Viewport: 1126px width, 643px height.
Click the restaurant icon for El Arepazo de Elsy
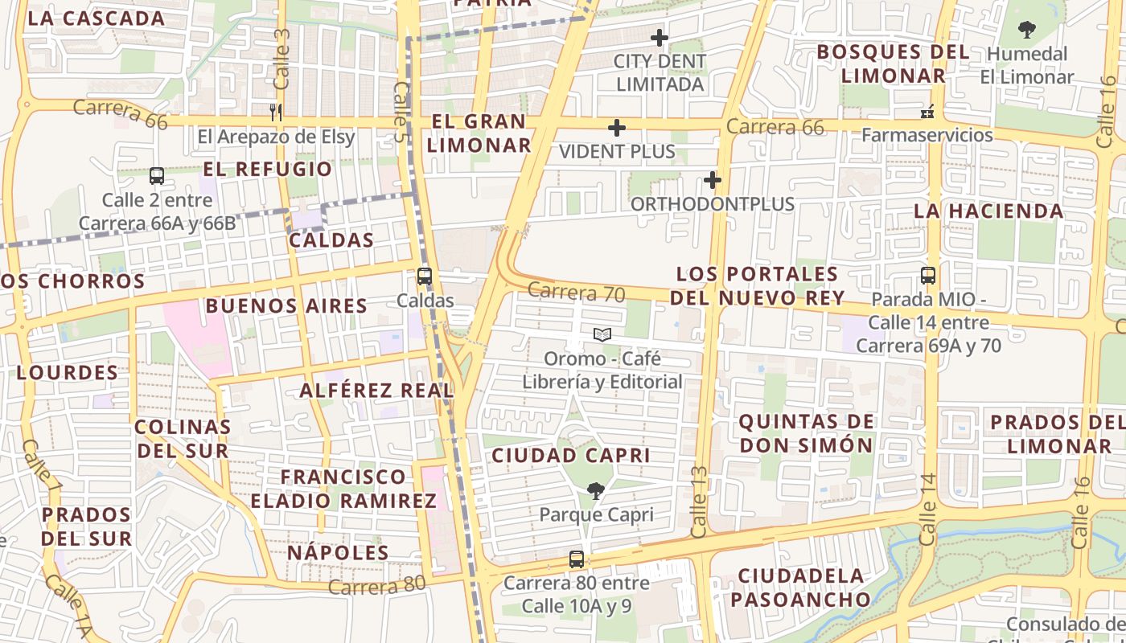pyautogui.click(x=276, y=113)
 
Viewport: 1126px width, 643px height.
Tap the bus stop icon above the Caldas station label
pyautogui.click(x=425, y=276)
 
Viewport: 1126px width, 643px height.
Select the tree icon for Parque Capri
pyautogui.click(x=596, y=490)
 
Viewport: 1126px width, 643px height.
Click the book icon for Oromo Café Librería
pyautogui.click(x=602, y=334)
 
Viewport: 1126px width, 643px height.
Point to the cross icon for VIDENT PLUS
pyautogui.click(x=617, y=128)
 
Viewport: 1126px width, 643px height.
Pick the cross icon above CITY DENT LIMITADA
pyautogui.click(x=660, y=38)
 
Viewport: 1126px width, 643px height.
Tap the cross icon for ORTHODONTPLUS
pyautogui.click(x=713, y=180)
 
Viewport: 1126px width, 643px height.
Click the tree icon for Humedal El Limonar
pyautogui.click(x=1026, y=31)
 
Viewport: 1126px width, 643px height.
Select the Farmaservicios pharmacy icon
pyautogui.click(x=927, y=111)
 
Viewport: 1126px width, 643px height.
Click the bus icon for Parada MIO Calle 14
pyautogui.click(x=928, y=276)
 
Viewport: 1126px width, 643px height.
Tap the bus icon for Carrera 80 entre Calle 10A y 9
pyautogui.click(x=577, y=559)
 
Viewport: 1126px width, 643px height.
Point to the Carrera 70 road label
pyautogui.click(x=577, y=293)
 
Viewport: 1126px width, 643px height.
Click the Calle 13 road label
pyautogui.click(x=699, y=502)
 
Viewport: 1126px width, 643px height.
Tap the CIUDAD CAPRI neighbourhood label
pyautogui.click(x=570, y=456)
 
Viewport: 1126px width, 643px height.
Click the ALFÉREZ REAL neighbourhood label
pyautogui.click(x=376, y=391)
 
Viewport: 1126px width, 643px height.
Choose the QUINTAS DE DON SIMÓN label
pyautogui.click(x=806, y=433)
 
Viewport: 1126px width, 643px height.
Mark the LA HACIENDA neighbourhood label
pyautogui.click(x=988, y=211)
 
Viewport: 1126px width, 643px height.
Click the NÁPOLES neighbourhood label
pyautogui.click(x=338, y=553)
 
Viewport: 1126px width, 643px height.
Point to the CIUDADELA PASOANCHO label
pyautogui.click(x=801, y=588)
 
